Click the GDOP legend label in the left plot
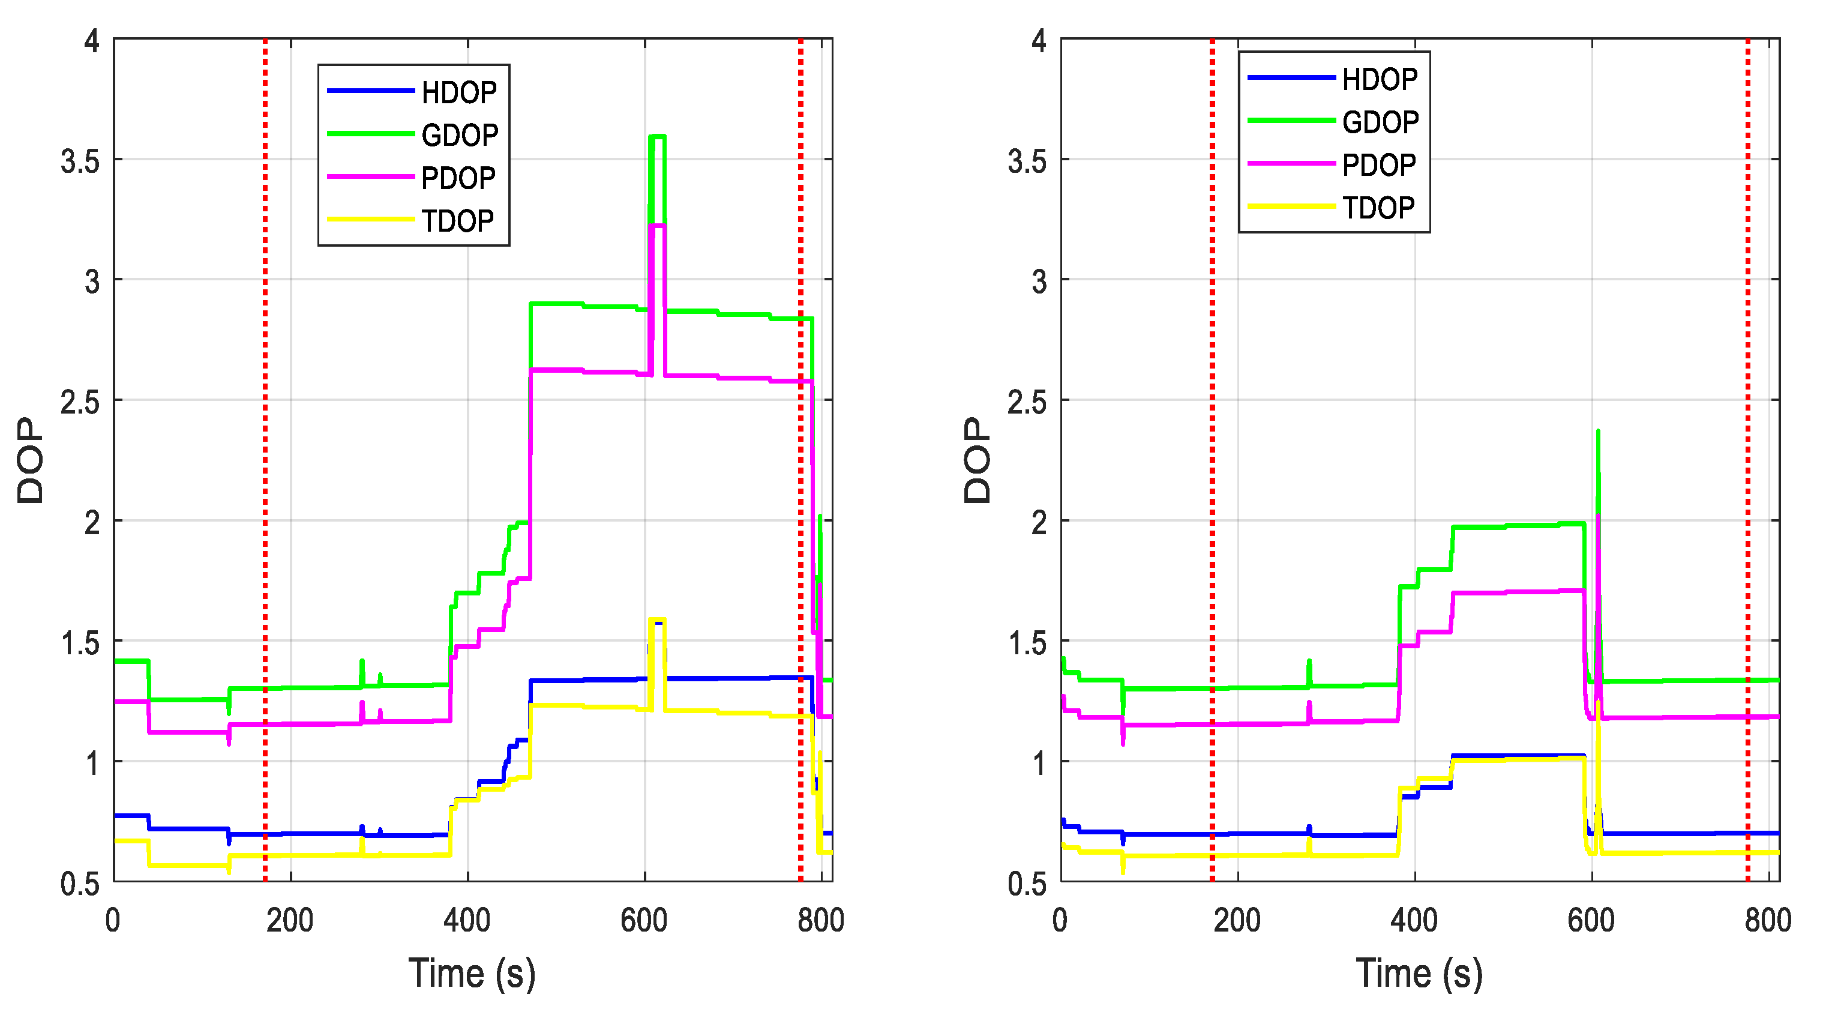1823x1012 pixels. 459,135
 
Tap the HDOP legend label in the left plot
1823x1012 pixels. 458,92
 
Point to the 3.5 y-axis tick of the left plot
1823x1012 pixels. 79,162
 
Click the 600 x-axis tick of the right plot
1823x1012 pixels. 1591,921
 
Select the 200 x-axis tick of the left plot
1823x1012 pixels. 289,921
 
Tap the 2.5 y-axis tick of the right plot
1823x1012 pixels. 1026,403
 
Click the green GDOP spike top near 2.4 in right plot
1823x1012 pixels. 1598,431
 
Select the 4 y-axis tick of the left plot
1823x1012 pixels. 91,41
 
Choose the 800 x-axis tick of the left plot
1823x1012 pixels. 820,921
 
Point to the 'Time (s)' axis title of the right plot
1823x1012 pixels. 1419,974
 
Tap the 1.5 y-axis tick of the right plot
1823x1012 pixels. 1026,643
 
